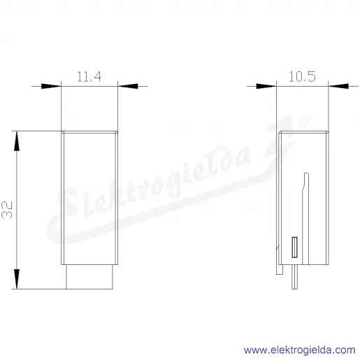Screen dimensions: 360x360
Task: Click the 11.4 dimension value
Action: point(89,76)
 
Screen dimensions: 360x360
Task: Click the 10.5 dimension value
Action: point(302,76)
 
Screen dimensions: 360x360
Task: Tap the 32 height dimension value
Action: point(7,210)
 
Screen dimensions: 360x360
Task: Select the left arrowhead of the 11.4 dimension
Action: point(51,86)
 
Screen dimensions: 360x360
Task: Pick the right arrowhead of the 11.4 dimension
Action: point(128,86)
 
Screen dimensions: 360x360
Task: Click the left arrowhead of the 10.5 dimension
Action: point(266,86)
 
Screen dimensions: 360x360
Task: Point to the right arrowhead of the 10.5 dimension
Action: point(338,86)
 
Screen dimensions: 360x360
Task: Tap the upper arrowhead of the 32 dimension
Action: point(17,141)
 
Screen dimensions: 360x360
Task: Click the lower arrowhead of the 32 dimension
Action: point(17,279)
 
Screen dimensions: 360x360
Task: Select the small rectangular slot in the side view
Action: point(295,247)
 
